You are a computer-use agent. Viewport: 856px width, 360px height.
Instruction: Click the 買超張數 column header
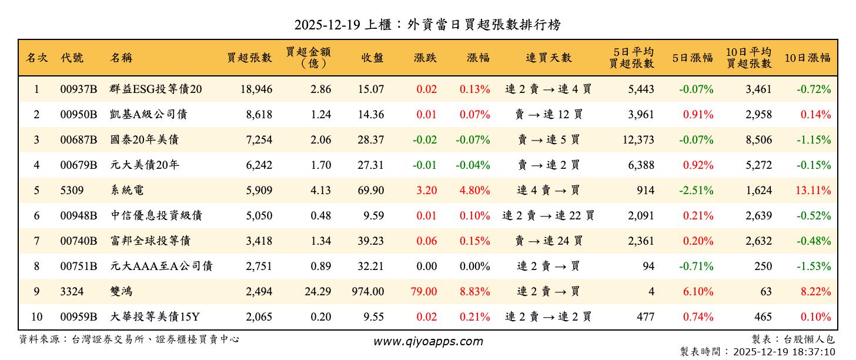coord(249,58)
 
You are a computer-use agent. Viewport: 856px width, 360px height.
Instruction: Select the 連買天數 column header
coord(548,58)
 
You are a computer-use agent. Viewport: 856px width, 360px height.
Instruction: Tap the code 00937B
coord(78,89)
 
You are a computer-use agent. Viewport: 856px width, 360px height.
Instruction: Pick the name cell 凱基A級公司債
coord(148,115)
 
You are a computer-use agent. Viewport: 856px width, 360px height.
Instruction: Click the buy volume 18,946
coord(256,89)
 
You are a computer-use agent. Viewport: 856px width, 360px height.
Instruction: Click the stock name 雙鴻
coord(122,292)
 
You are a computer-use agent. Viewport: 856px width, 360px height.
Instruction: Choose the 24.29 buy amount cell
coord(318,292)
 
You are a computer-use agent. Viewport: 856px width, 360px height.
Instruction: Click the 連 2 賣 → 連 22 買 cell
coord(548,216)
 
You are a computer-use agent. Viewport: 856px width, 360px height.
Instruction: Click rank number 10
coord(36,317)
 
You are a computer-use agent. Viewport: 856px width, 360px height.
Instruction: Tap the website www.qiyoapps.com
coord(428,341)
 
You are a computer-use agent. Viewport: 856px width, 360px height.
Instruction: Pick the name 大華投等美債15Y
coord(155,317)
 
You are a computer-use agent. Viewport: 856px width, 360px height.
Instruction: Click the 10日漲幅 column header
coord(807,58)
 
